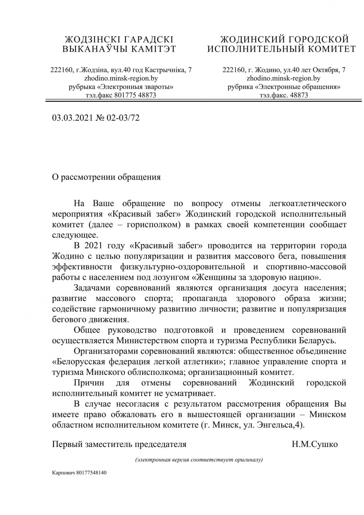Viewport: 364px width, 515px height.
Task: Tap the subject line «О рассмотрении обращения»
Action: (x=106, y=177)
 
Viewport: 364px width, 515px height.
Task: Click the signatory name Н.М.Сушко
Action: (x=315, y=444)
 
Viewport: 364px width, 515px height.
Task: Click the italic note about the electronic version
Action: (x=199, y=460)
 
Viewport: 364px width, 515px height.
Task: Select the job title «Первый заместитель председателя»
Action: (x=119, y=444)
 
